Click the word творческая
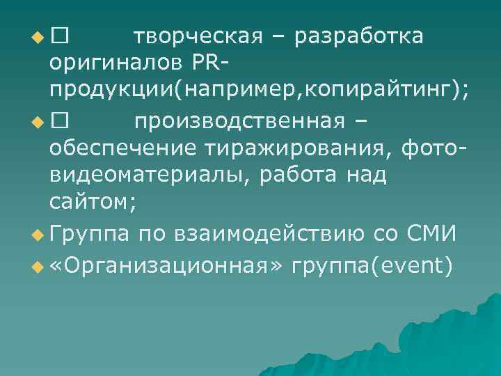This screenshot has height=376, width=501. coord(198,36)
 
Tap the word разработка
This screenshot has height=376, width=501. coord(358,36)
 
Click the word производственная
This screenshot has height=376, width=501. coord(248,121)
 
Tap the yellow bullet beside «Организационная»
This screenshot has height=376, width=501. coord(37,264)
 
